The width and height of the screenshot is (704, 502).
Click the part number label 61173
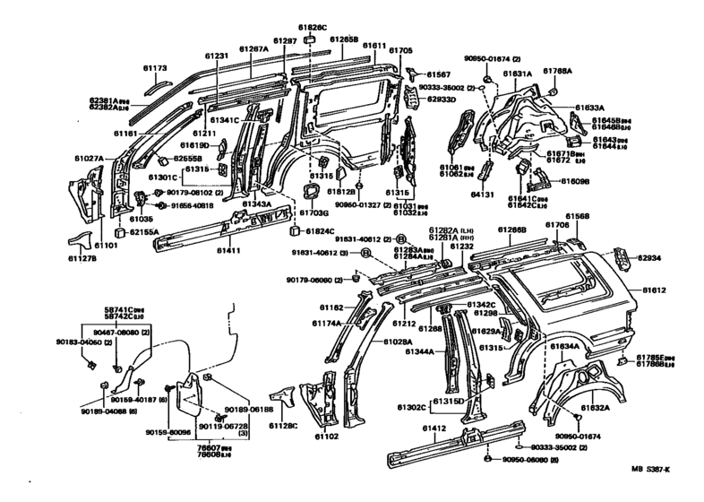click(x=154, y=67)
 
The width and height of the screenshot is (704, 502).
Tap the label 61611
click(x=374, y=45)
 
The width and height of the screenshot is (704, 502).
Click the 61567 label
click(x=439, y=74)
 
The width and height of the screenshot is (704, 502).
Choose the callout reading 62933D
click(x=442, y=100)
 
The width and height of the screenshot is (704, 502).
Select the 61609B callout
click(x=576, y=181)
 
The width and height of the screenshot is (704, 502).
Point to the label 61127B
click(x=82, y=260)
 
